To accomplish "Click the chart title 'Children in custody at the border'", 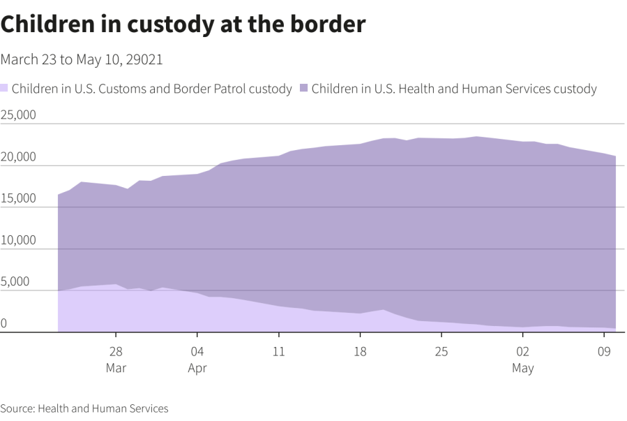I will point(183,24).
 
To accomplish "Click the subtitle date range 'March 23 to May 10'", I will point(82,60).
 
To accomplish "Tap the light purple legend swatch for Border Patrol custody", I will point(4,89).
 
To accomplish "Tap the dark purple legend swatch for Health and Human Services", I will point(304,89).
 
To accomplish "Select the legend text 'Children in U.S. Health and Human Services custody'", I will point(454,89).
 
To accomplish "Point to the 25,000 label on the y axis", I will point(18,115).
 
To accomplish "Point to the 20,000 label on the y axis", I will point(18,156).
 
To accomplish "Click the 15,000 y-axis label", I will point(18,198).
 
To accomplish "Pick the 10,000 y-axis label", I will point(18,240).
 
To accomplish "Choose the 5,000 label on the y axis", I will point(15,282).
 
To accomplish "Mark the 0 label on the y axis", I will point(4,323).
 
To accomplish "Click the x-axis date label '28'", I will point(116,351).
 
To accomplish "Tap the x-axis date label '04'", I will point(197,351).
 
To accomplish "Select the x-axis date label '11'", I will point(278,351).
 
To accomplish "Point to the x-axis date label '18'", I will point(360,351).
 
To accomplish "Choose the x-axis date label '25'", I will point(441,351).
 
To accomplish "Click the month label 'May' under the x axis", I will point(522,368).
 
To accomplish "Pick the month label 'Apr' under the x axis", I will point(197,368).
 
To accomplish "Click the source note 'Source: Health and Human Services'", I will point(84,408).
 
